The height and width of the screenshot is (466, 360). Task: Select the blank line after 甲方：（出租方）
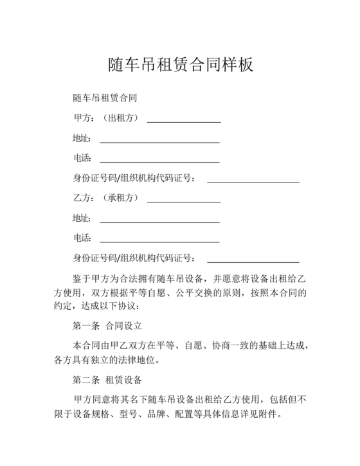click(x=184, y=120)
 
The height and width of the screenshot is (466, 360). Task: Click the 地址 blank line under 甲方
click(x=159, y=141)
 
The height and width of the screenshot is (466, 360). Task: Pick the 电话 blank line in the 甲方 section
click(x=159, y=161)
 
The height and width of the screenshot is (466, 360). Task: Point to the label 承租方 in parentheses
click(x=122, y=199)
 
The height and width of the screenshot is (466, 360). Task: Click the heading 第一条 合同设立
click(x=107, y=325)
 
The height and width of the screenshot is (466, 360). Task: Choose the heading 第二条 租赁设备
click(x=107, y=379)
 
